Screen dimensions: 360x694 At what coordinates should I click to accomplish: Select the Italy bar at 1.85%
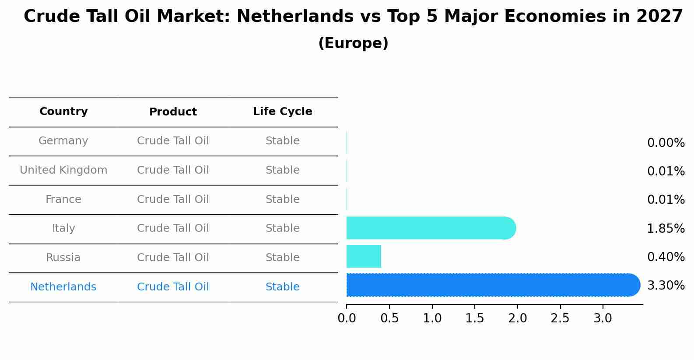(x=431, y=228)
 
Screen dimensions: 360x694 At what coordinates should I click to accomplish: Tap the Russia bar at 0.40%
(x=364, y=256)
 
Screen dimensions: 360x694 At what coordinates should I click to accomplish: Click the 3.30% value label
(x=666, y=286)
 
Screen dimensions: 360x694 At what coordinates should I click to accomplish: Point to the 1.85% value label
(x=666, y=228)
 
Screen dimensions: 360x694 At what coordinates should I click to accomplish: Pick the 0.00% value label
(x=666, y=143)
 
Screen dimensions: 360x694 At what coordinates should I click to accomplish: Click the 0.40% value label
(x=666, y=257)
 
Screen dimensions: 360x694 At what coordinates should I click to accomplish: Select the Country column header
(x=63, y=112)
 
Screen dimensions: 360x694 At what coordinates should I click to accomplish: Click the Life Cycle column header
(x=282, y=112)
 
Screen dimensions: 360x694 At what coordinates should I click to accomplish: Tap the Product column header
(x=173, y=112)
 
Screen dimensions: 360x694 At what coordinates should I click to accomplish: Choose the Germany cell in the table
(x=63, y=141)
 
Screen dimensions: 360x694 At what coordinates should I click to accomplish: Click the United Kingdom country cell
(x=63, y=170)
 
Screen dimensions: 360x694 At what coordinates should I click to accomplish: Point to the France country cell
(x=63, y=199)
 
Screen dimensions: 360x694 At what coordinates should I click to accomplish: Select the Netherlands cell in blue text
(x=63, y=287)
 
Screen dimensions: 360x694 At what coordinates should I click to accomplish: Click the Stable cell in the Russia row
(x=282, y=258)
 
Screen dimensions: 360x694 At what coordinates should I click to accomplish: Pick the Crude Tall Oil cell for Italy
(x=173, y=228)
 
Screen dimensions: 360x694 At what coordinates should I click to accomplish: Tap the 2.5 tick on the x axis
(x=560, y=318)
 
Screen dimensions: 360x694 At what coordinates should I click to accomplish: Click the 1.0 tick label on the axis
(x=432, y=318)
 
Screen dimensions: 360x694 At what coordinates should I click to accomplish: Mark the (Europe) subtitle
(x=353, y=43)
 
